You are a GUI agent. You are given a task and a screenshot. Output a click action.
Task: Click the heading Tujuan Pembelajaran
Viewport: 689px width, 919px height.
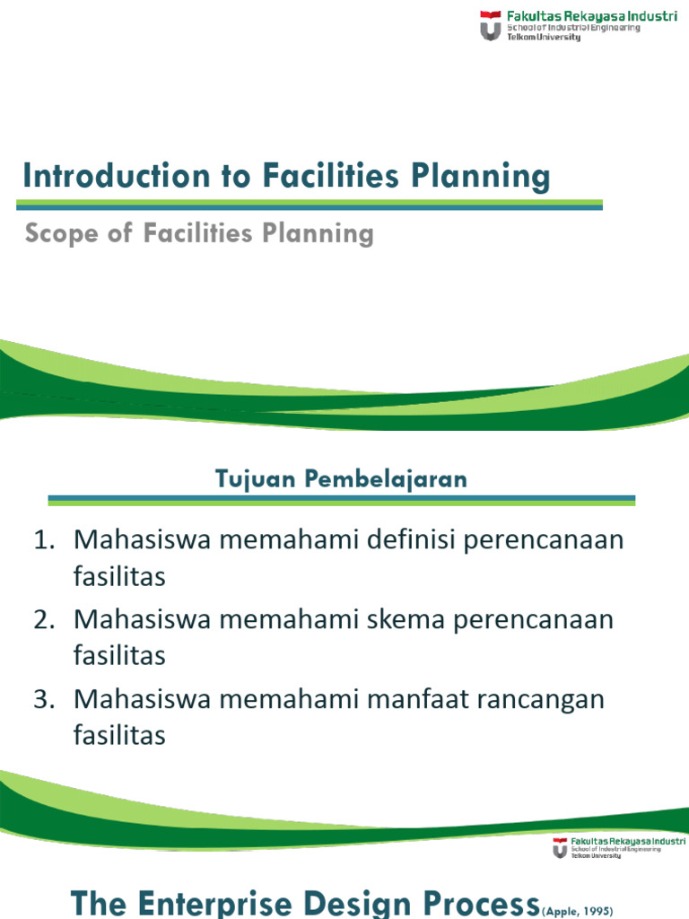tap(342, 478)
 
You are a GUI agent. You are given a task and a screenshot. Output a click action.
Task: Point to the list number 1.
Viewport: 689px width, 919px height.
tap(45, 540)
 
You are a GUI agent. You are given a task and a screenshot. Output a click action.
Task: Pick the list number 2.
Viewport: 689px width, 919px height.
tap(45, 619)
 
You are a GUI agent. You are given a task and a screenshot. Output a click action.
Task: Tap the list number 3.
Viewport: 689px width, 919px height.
tap(45, 698)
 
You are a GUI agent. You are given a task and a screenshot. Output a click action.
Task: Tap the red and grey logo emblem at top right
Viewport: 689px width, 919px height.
tap(491, 25)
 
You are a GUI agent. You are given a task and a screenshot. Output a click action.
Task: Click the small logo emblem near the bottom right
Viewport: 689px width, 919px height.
tap(560, 847)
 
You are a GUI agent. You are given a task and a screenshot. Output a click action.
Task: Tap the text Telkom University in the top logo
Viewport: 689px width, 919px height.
tap(545, 38)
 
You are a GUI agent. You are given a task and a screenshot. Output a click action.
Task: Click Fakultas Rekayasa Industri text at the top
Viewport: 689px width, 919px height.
tap(592, 15)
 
